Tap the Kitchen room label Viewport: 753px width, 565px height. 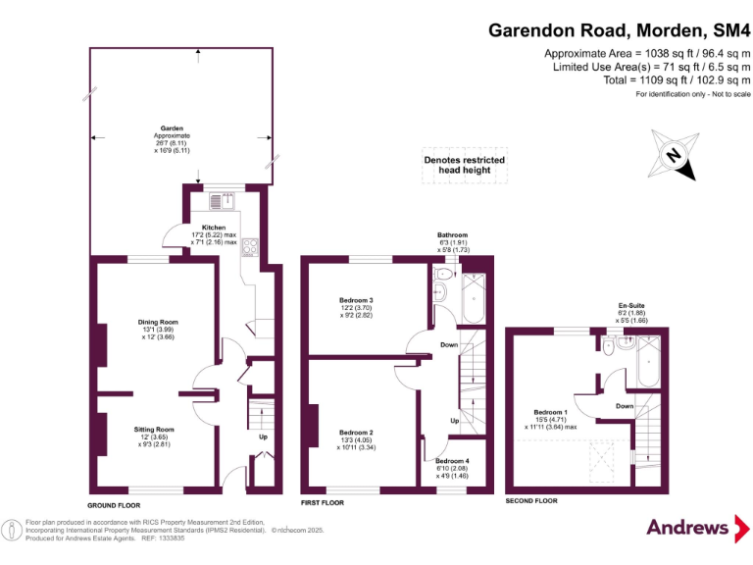coord(213,228)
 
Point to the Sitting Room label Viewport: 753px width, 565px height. coord(153,430)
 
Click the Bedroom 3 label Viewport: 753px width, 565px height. coord(358,299)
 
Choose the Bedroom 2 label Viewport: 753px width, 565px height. coord(357,433)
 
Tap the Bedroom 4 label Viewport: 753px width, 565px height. coord(452,461)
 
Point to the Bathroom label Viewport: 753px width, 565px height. coord(452,235)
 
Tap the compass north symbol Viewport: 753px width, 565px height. coord(673,155)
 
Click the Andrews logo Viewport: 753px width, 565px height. coord(687,528)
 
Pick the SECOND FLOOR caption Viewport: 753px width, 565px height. coord(531,501)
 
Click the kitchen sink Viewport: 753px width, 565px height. coord(220,202)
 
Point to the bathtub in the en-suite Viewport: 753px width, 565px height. coord(649,364)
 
